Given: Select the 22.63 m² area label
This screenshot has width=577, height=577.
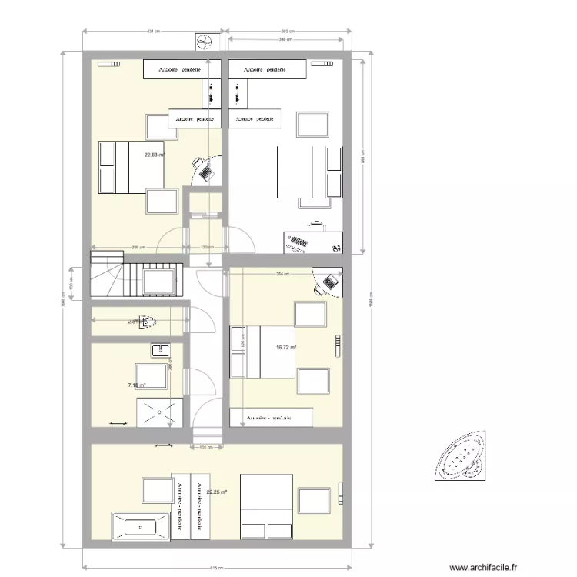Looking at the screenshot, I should pyautogui.click(x=155, y=155).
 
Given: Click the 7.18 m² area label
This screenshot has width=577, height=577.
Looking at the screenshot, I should pyautogui.click(x=137, y=385).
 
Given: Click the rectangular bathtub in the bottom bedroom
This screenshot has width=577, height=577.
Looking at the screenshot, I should pyautogui.click(x=139, y=526).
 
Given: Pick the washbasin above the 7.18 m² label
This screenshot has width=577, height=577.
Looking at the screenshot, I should pyautogui.click(x=161, y=352).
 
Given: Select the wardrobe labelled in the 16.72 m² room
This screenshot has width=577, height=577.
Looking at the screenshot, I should pyautogui.click(x=271, y=418).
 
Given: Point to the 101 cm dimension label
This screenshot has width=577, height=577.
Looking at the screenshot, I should pyautogui.click(x=205, y=446).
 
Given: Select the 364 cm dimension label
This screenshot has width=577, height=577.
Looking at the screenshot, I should pyautogui.click(x=282, y=273).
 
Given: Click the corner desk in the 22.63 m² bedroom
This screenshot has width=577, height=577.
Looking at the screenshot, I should pyautogui.click(x=206, y=171).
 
